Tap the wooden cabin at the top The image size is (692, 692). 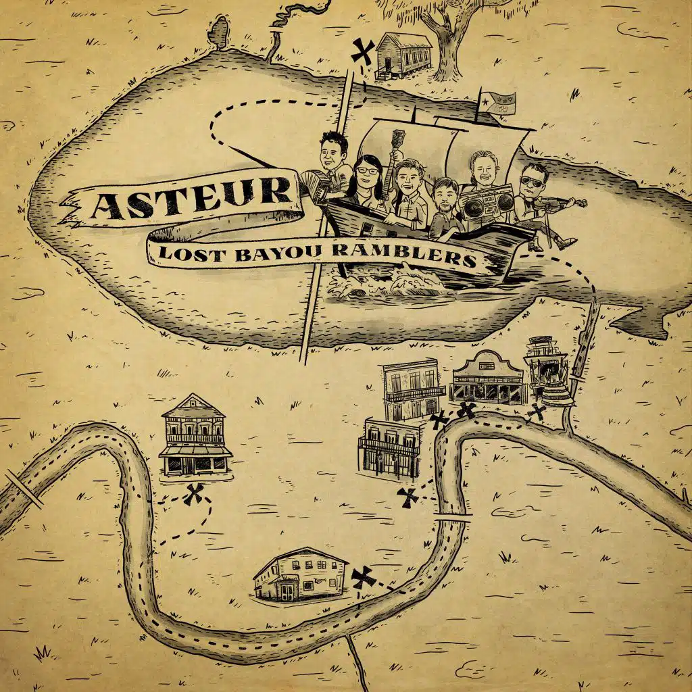click(x=404, y=52)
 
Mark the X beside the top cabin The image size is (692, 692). click(x=364, y=50)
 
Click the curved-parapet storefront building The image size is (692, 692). click(x=487, y=378)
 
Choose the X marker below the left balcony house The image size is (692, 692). click(x=194, y=495)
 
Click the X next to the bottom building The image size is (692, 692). click(x=364, y=576)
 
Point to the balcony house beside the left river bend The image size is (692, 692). click(x=195, y=436)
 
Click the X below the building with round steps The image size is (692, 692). click(x=537, y=412)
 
